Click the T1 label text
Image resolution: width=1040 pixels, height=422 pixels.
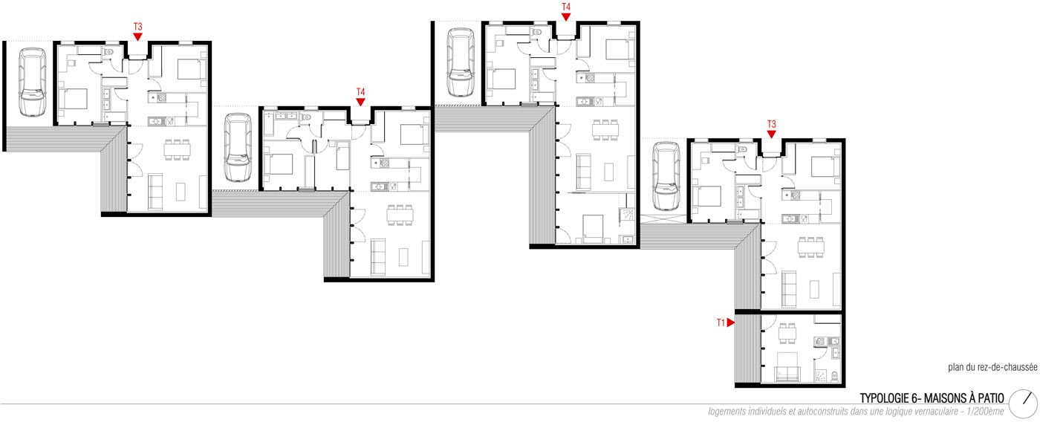(721, 322)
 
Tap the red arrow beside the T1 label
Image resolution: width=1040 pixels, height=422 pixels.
(730, 322)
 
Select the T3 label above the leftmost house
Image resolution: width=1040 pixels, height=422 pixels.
(138, 27)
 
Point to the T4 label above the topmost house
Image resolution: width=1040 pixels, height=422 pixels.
(566, 7)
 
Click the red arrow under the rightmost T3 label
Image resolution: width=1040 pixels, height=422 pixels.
(772, 134)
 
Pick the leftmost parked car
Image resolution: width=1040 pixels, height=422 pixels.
(33, 82)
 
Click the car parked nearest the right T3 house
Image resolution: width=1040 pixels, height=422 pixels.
(666, 176)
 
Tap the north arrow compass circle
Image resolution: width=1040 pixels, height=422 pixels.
(1024, 403)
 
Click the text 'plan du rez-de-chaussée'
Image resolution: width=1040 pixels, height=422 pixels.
(992, 367)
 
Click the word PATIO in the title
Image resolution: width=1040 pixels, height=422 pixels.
(991, 398)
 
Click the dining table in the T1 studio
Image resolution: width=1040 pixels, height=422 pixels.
(787, 333)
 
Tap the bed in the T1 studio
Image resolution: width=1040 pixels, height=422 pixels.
(787, 367)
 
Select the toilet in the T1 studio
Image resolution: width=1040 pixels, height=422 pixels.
(834, 376)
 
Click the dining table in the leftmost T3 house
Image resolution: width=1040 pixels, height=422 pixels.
(177, 149)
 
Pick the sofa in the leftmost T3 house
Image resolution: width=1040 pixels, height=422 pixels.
(155, 191)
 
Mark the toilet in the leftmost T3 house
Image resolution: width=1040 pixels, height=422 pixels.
(109, 51)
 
